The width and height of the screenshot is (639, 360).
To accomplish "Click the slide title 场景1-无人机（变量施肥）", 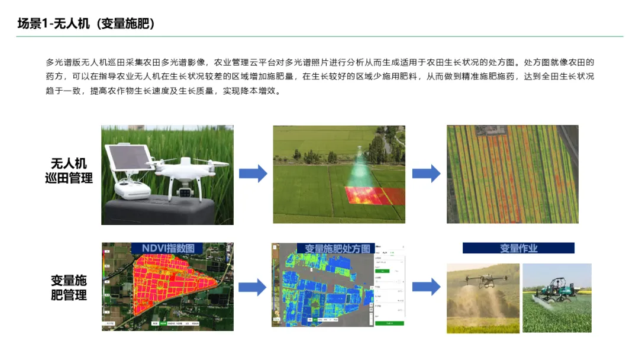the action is [x=86, y=24].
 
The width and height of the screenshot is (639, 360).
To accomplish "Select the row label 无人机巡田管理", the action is [x=69, y=171].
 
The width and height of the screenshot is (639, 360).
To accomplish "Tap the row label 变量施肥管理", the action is [x=69, y=287].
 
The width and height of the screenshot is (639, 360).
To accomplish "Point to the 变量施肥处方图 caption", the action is [x=337, y=248].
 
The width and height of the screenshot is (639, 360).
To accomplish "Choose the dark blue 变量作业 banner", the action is [x=518, y=248].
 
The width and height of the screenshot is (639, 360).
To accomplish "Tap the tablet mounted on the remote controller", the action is [x=128, y=157].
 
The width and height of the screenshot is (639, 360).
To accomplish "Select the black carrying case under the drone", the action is [x=160, y=211].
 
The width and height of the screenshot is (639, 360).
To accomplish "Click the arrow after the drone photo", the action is [x=253, y=173].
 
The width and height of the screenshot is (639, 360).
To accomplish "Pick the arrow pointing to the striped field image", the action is [x=426, y=173].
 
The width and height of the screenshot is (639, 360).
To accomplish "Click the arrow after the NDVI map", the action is [x=253, y=287].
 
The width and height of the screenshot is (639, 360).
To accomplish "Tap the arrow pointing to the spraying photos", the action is [x=426, y=287].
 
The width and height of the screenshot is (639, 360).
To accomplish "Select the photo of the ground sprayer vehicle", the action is [x=557, y=297].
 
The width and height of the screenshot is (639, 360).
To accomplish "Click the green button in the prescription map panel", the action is [x=389, y=323].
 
